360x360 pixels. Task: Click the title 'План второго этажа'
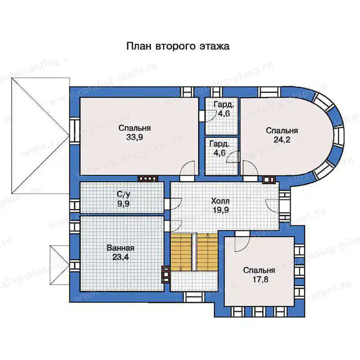click(x=178, y=46)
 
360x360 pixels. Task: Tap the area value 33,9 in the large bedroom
click(x=135, y=137)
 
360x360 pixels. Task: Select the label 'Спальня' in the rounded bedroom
click(x=282, y=130)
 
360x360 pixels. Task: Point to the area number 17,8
click(x=261, y=279)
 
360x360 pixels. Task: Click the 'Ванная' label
click(x=121, y=248)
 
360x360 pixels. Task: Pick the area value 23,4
click(x=121, y=257)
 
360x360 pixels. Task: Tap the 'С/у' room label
click(x=123, y=194)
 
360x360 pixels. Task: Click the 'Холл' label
click(x=220, y=201)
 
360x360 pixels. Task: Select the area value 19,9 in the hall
click(x=220, y=210)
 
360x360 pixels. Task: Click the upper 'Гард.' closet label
click(x=224, y=105)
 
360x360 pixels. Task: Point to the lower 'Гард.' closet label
click(x=219, y=144)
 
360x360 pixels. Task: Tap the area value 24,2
click(x=282, y=139)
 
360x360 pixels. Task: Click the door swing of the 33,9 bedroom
click(x=187, y=169)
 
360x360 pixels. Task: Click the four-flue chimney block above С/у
click(x=148, y=179)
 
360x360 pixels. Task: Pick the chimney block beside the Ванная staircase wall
click(x=166, y=274)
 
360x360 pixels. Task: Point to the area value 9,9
click(x=123, y=204)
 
